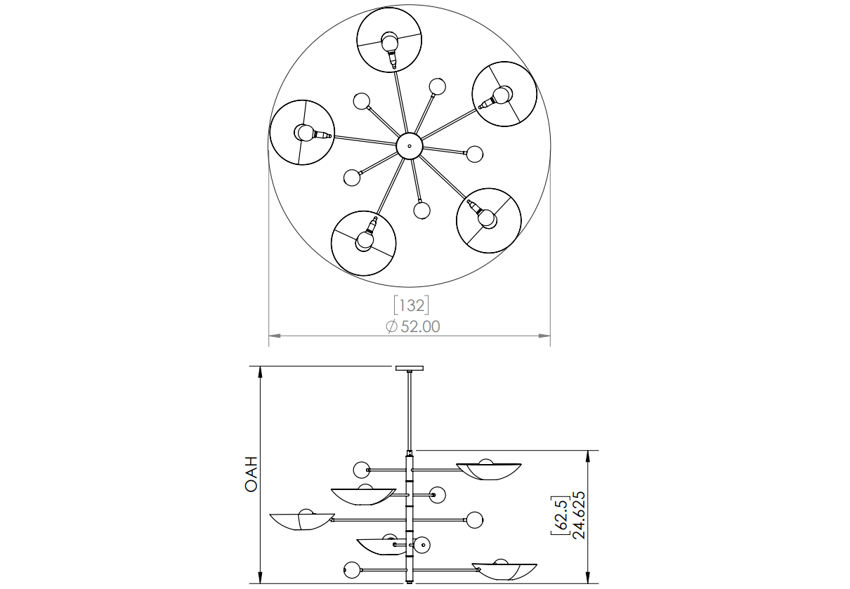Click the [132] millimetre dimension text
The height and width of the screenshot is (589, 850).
pyautogui.click(x=412, y=305)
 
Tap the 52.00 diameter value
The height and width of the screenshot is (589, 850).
pyautogui.click(x=420, y=326)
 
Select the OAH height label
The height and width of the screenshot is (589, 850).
pyautogui.click(x=251, y=474)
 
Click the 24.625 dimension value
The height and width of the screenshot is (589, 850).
pyautogui.click(x=579, y=515)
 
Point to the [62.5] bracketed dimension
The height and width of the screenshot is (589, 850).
pyautogui.click(x=561, y=515)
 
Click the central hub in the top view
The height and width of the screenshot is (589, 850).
pyautogui.click(x=409, y=145)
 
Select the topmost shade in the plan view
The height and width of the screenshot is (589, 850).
pyautogui.click(x=389, y=39)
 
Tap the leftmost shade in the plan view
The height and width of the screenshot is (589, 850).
pyautogui.click(x=302, y=133)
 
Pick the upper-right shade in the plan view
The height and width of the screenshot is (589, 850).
pyautogui.click(x=504, y=94)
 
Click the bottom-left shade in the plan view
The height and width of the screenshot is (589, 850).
pyautogui.click(x=363, y=243)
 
